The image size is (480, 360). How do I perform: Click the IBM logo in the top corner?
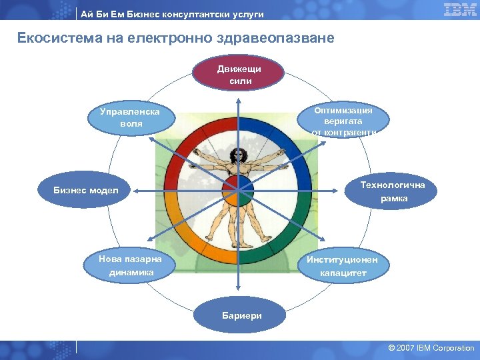460,9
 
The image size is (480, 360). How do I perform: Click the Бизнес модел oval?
85,191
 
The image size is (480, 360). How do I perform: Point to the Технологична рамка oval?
393,191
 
